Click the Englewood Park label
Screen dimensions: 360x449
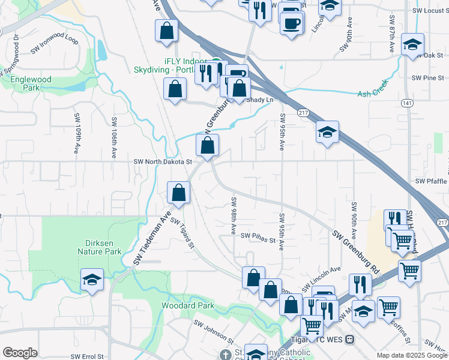[29, 83]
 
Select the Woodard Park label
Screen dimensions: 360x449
[188, 305]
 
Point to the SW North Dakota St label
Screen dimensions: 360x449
[162, 161]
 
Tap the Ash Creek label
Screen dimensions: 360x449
[373, 93]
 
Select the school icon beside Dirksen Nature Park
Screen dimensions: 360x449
[92, 280]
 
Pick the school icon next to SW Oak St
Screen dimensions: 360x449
[412, 46]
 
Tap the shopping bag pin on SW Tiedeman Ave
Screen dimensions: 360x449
[179, 193]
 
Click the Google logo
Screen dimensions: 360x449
[20, 353]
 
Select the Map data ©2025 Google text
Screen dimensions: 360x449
[411, 355]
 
